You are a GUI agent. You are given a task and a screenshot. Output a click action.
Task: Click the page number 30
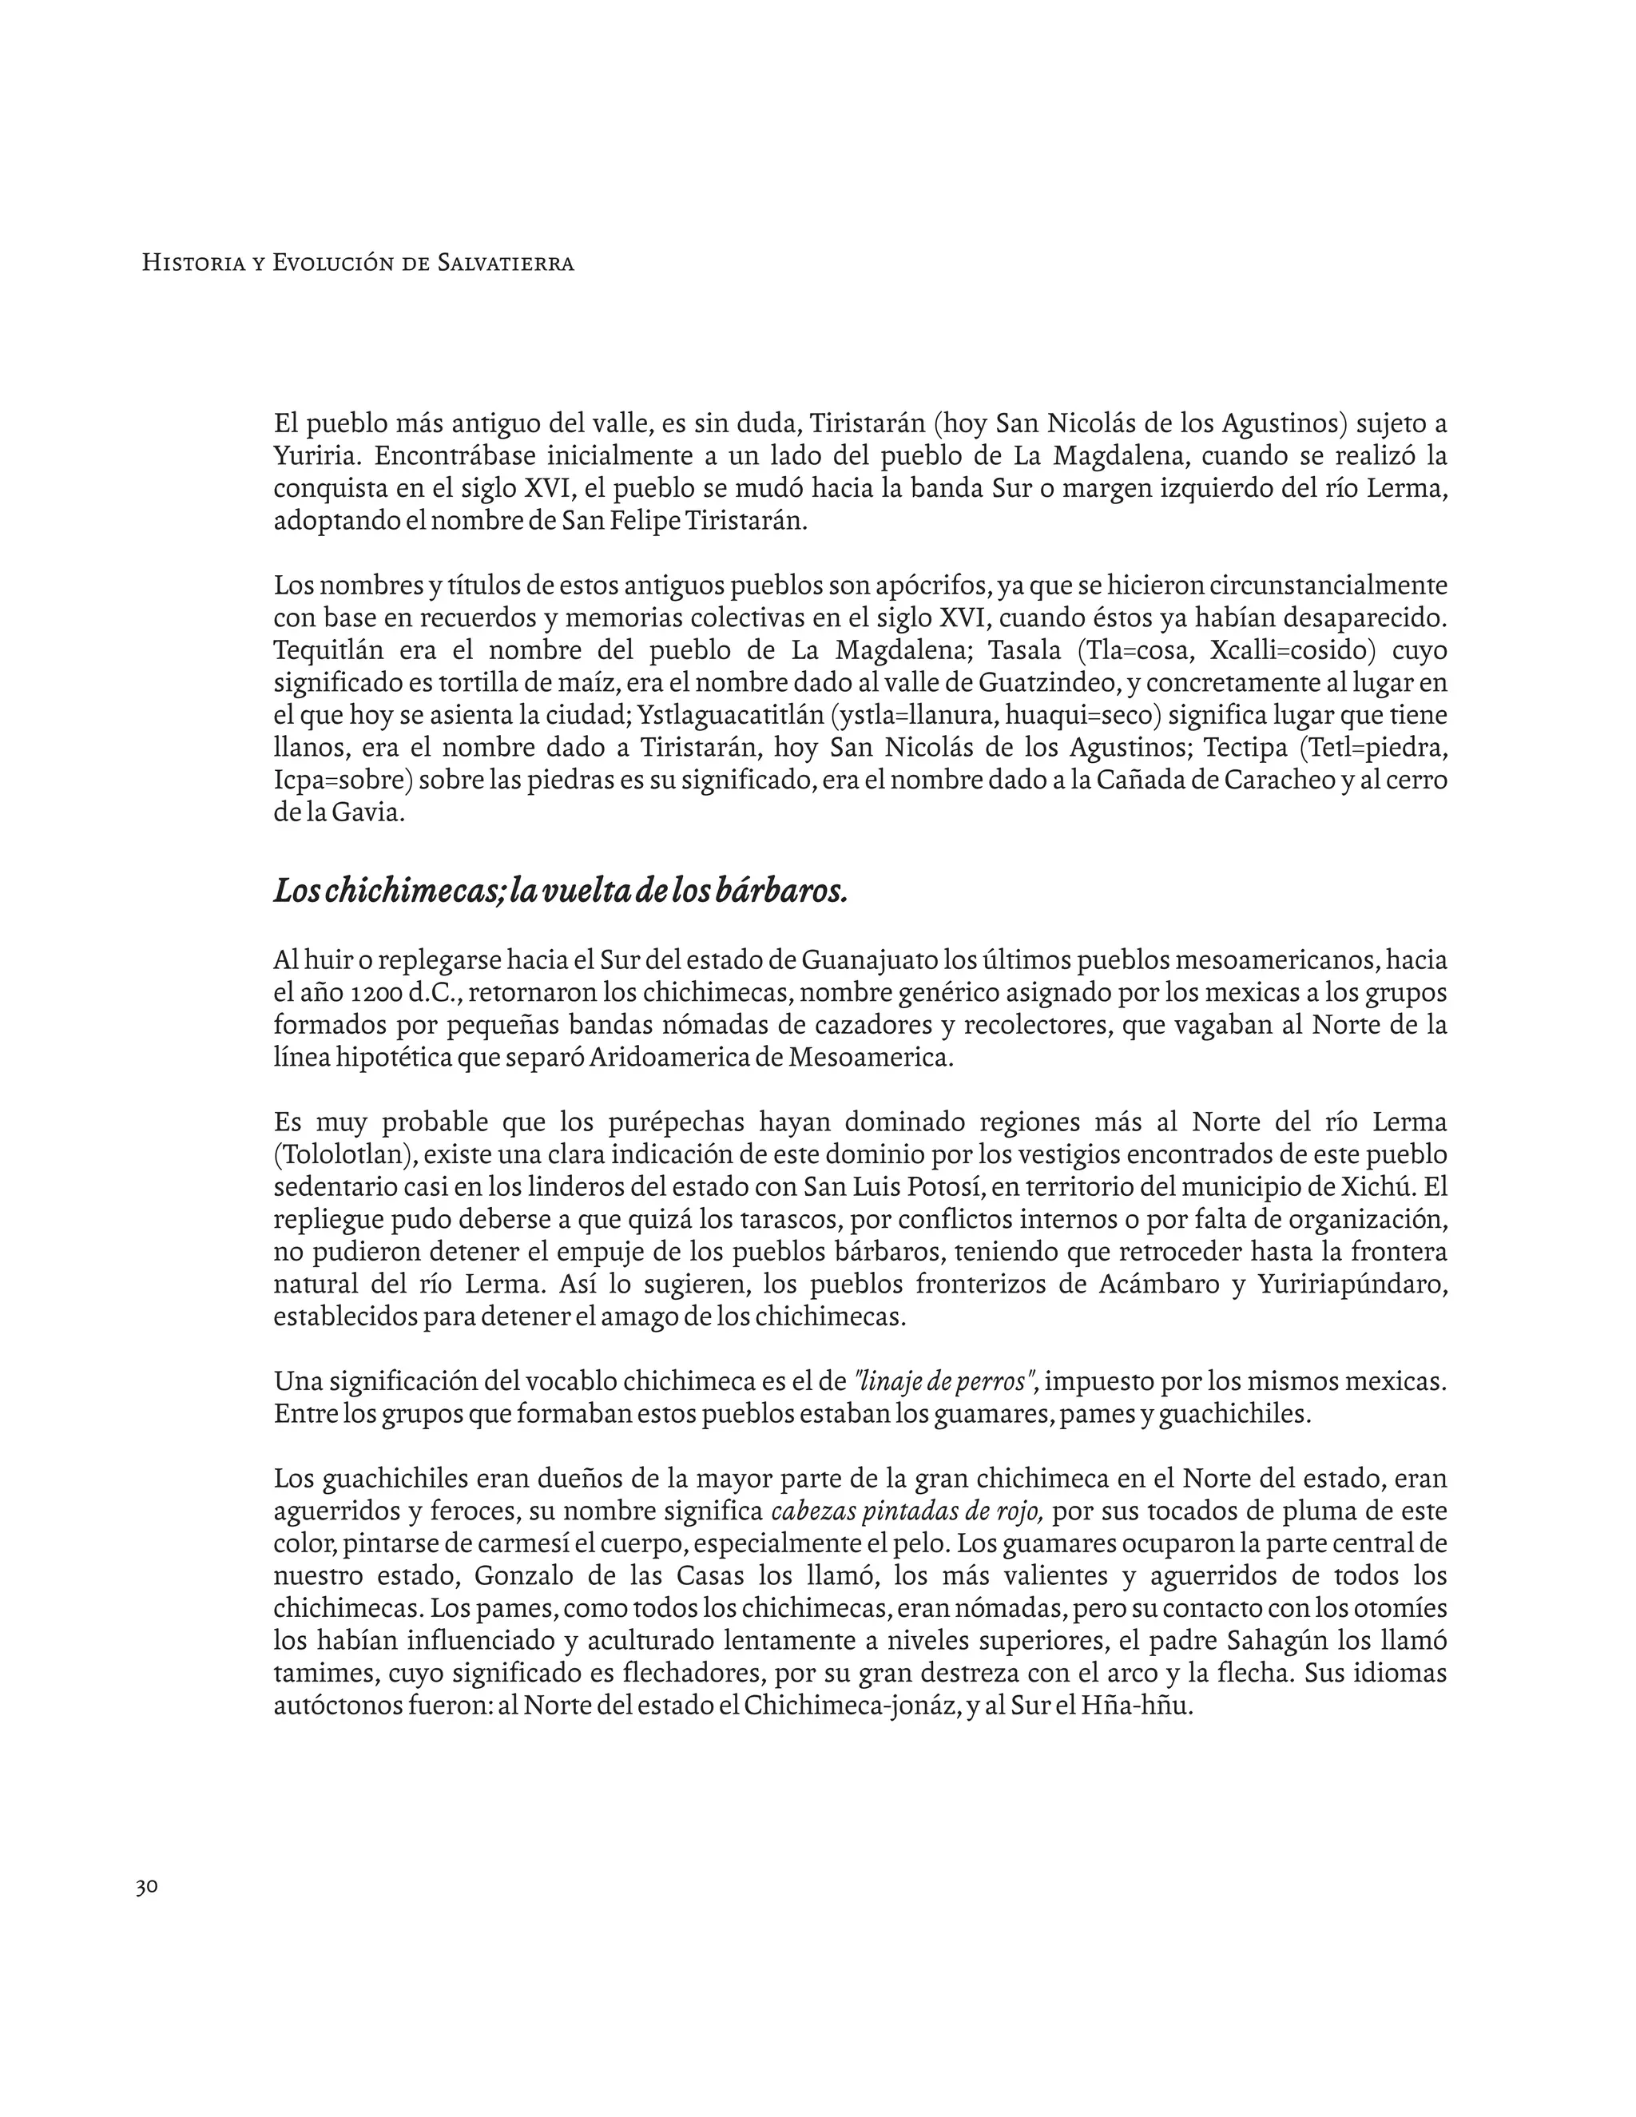click(147, 1887)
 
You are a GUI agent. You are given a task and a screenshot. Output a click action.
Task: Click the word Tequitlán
click(327, 649)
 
